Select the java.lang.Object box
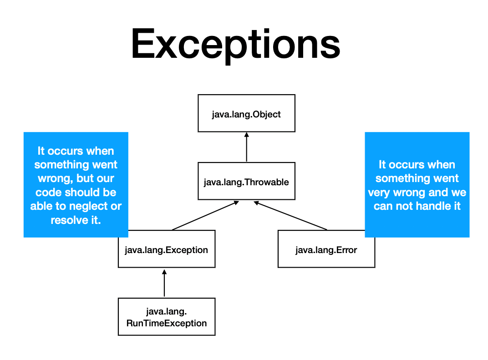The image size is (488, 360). [x=246, y=113]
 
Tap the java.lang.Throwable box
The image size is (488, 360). [x=246, y=182]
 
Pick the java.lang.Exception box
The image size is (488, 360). [x=166, y=250]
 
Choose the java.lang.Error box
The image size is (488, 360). [x=326, y=250]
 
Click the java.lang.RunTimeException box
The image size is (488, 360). [x=166, y=317]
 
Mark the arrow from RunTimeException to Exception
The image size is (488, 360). [x=164, y=283]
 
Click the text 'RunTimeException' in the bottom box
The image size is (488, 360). [x=166, y=324]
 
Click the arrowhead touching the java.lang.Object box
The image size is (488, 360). [x=246, y=135]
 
